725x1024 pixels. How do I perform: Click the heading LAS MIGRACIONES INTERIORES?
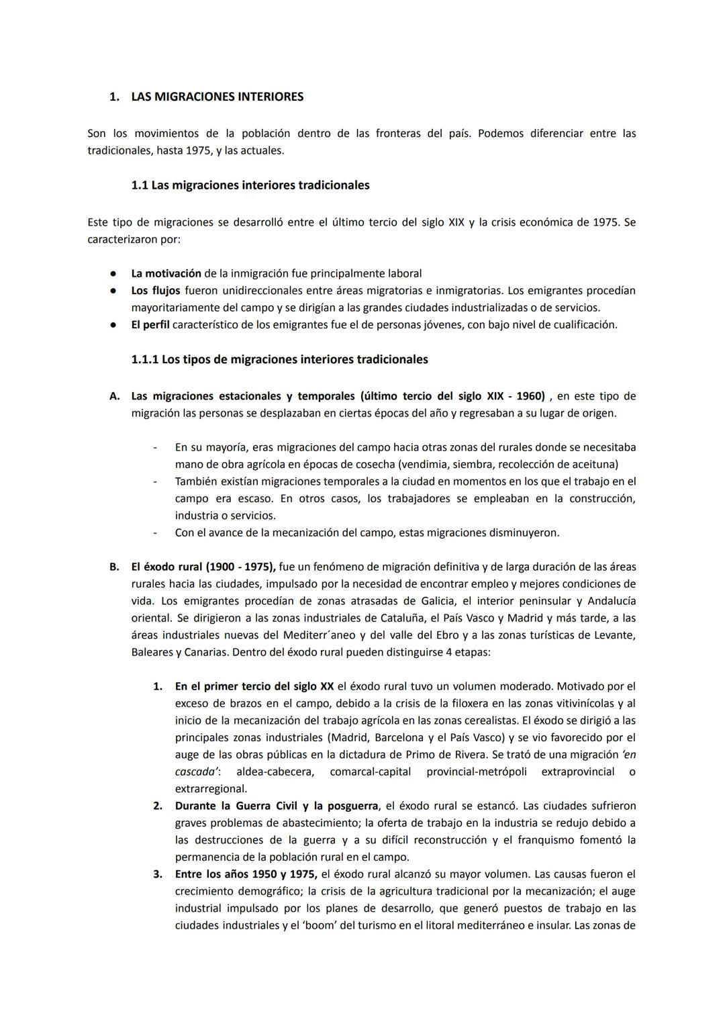pos(217,97)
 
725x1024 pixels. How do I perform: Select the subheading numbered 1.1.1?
pos(146,359)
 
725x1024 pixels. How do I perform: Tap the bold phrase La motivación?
pos(166,273)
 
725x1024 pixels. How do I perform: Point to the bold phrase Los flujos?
pos(156,291)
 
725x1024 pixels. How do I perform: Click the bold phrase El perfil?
pos(150,325)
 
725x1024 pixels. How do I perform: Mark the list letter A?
pos(115,396)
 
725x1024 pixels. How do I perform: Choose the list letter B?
pos(115,567)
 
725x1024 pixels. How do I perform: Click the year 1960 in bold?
pos(530,396)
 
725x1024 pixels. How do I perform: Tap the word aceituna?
pos(594,465)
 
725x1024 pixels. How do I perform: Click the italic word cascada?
pos(196,772)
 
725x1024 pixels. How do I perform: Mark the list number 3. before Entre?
pos(158,874)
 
